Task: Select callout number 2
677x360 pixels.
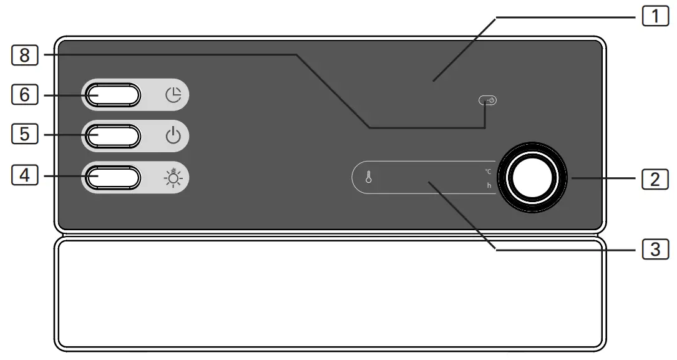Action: [655, 179]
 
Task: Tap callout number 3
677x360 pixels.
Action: [655, 249]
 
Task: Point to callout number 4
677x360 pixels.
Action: [24, 176]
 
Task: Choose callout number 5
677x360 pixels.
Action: [24, 134]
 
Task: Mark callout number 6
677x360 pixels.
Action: [24, 94]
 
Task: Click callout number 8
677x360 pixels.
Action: [24, 55]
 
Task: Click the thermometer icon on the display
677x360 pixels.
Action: [368, 178]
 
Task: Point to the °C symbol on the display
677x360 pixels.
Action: [488, 171]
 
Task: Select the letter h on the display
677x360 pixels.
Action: [489, 185]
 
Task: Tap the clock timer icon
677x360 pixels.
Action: [173, 95]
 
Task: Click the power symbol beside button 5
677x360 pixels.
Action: [173, 136]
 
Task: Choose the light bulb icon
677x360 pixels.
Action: [173, 178]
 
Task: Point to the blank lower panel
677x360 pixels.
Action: [329, 293]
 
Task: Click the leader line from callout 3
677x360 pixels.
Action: [462, 214]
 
